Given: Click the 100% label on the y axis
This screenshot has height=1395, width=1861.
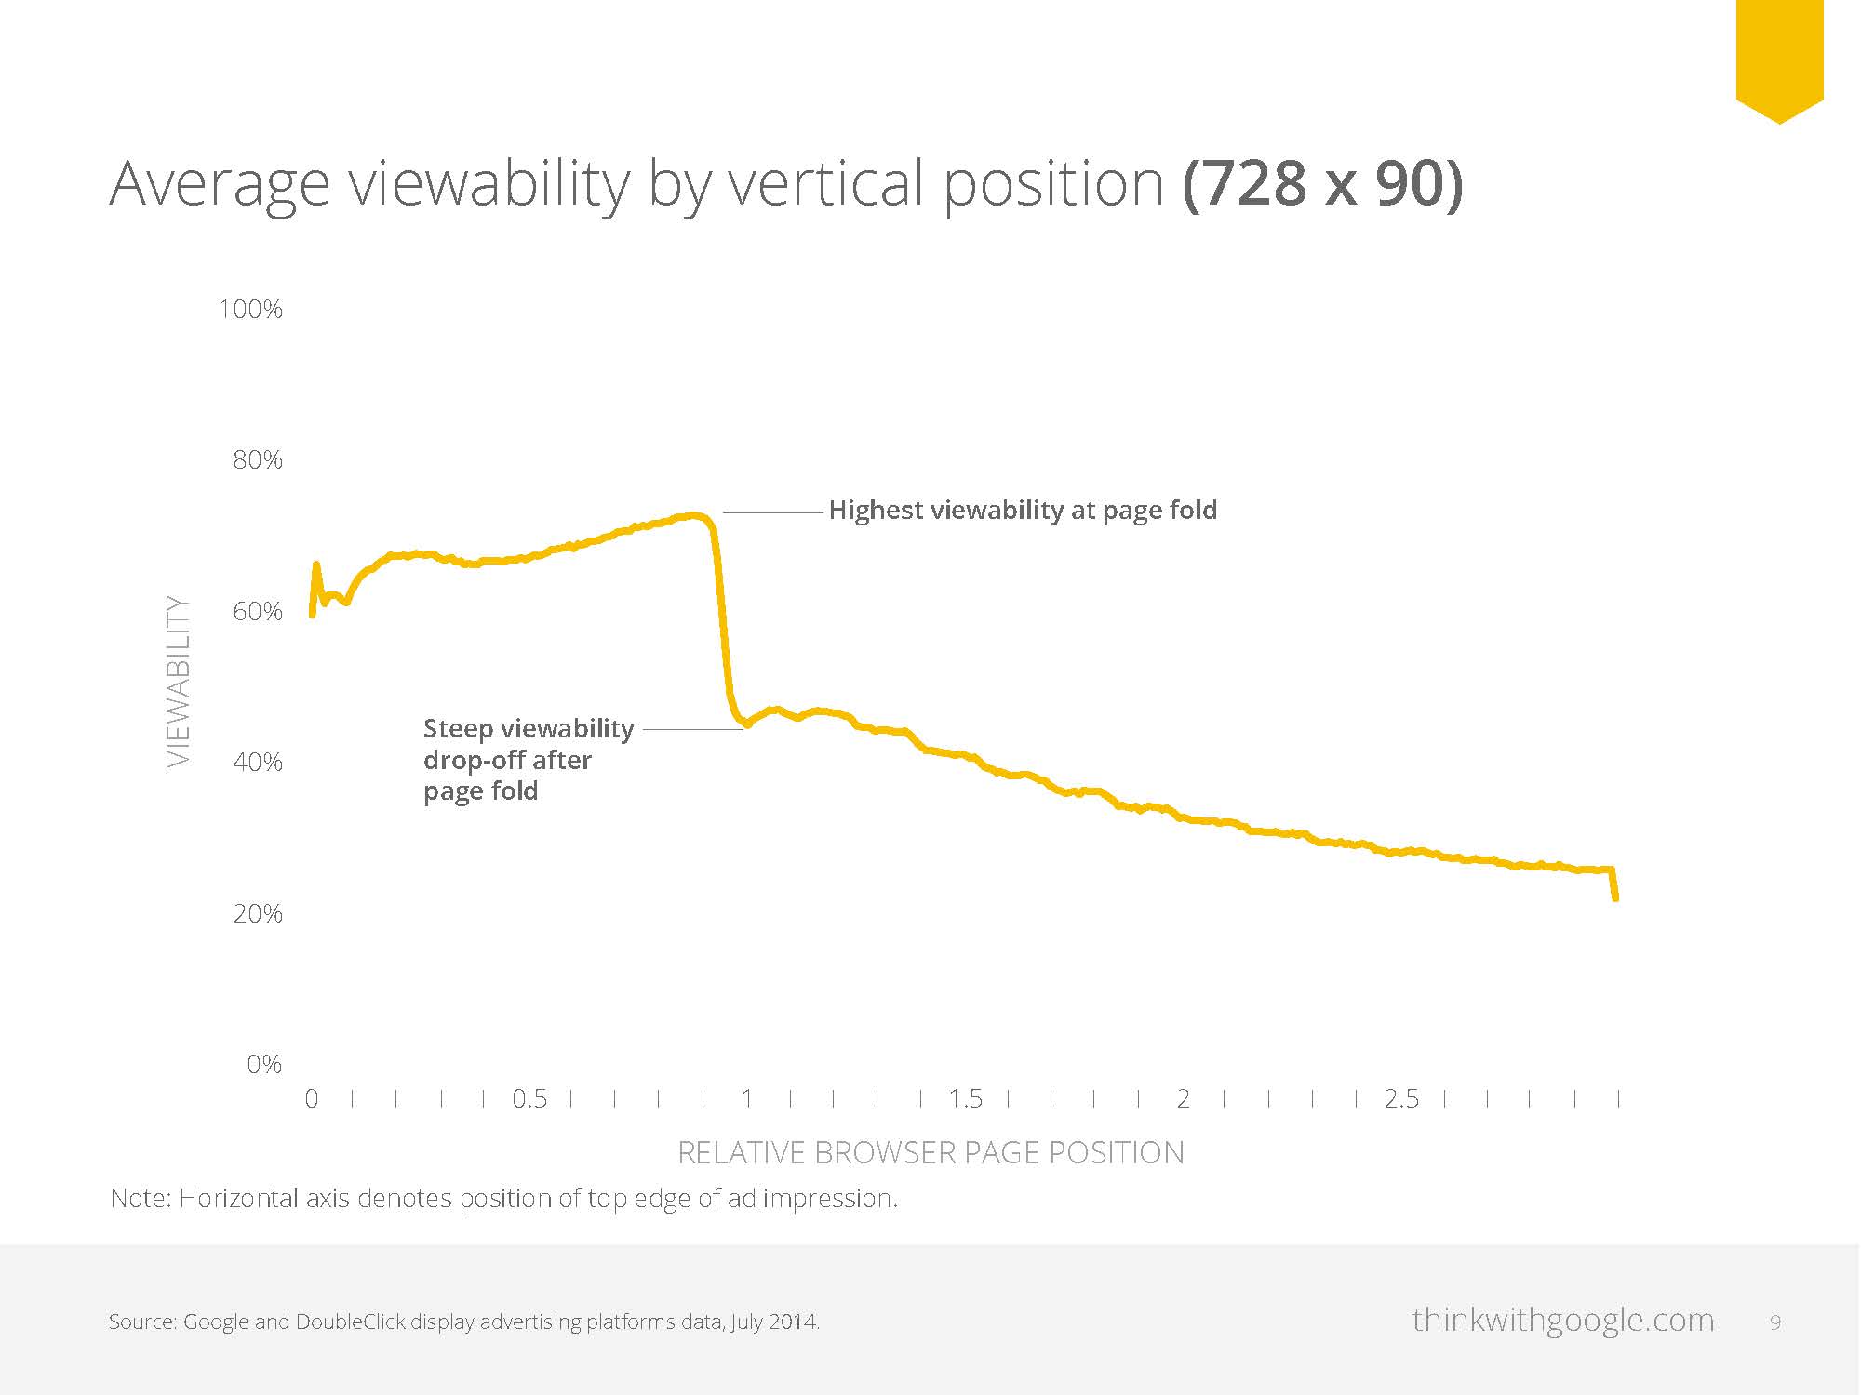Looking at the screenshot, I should point(250,310).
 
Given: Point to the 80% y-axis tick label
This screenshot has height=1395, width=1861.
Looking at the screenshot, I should point(257,460).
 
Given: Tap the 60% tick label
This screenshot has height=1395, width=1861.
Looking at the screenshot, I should point(257,612).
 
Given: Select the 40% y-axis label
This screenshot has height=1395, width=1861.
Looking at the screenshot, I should point(257,763).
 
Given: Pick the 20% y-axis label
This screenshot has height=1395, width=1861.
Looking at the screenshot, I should point(257,914).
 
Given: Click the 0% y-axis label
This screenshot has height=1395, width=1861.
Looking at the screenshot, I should point(264,1065).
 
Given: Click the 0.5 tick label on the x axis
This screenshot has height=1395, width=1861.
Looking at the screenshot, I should point(529,1099).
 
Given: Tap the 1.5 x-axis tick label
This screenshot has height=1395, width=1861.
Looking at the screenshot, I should point(965,1099).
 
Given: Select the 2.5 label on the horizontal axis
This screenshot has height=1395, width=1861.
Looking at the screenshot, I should point(1401,1099).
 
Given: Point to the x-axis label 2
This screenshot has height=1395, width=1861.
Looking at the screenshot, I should point(1183,1099).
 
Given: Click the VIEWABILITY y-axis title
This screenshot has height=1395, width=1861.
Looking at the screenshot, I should point(178,681).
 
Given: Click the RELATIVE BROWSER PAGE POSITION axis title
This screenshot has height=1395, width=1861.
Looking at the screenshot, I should point(930,1153).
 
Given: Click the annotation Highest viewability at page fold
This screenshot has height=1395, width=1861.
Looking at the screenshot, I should point(1023,511).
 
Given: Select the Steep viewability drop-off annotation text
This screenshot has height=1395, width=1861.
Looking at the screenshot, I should point(528,759).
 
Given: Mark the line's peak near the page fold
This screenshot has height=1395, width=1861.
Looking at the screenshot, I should point(693,515).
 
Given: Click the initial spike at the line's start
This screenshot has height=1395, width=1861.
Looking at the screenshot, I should point(316,565).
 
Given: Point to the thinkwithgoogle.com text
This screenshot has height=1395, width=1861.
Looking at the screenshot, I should point(1562,1321).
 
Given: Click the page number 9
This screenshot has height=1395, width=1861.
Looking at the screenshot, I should point(1775,1322).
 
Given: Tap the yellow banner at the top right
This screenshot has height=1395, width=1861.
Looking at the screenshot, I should point(1779,56).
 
